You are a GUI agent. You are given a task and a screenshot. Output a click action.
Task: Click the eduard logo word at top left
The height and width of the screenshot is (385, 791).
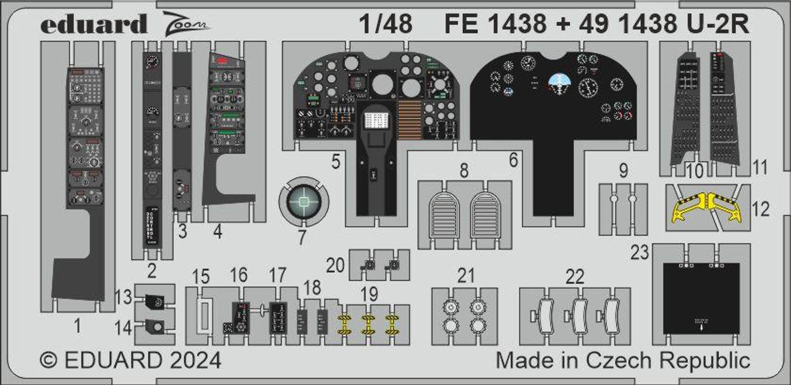94,25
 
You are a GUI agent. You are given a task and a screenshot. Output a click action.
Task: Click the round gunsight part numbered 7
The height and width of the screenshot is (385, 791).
304,200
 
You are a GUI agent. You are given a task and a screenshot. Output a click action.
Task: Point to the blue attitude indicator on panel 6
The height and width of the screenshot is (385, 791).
558,81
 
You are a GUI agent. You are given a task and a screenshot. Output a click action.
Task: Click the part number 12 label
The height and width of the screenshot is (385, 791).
761,209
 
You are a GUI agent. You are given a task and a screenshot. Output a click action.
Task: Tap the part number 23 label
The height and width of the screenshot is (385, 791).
640,253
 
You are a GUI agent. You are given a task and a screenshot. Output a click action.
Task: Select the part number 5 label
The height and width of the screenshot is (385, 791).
336,163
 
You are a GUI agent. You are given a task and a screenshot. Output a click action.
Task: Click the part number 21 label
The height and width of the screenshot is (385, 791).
466,276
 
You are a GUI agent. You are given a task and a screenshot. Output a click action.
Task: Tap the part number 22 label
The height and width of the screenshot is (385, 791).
575,276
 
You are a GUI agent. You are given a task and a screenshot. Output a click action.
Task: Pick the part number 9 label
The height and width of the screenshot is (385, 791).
623,170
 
